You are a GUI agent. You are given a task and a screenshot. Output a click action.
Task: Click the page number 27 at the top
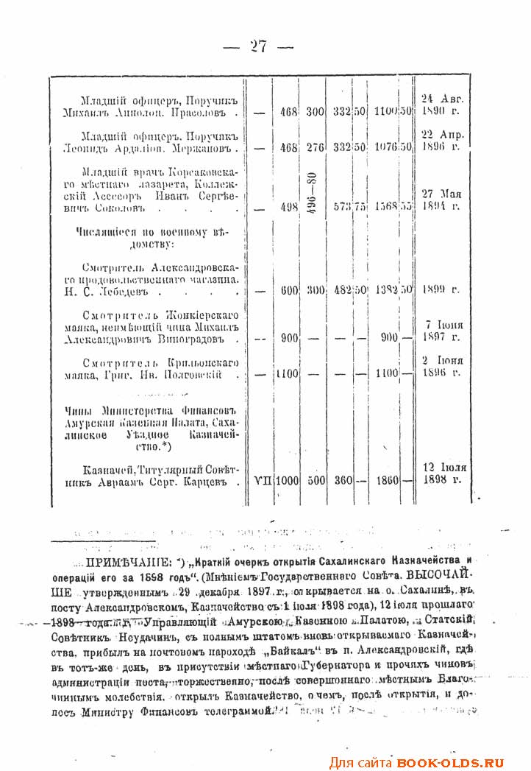258,46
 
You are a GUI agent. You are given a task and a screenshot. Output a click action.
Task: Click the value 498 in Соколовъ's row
288,208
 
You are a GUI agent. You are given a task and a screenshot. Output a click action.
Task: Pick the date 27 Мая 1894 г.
441,200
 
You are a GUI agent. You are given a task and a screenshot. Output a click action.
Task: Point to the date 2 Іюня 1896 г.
441,366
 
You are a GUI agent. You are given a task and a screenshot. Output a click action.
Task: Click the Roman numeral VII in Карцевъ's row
262,481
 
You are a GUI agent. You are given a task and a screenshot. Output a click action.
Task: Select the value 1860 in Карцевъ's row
385,481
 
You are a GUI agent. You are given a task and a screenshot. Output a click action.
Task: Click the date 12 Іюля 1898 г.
443,473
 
